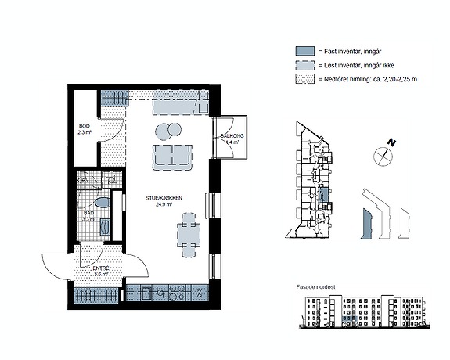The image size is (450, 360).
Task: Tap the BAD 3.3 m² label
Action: pos(89,216)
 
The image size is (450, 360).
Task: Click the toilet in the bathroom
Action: pos(103,203)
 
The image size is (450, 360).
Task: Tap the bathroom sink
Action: pos(104,227)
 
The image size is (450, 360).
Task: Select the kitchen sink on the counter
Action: pos(146,293)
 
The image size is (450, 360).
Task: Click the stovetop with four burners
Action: pos(178,293)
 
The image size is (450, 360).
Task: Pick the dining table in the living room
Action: pos(189,235)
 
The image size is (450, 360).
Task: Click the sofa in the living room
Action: pos(172,157)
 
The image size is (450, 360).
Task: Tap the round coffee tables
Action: pos(168,131)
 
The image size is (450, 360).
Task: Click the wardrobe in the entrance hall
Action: pos(95,297)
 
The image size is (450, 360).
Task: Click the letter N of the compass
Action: pos(391,142)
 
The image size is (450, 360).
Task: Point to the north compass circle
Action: pos(383,156)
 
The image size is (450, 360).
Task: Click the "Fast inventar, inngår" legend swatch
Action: pos(305,51)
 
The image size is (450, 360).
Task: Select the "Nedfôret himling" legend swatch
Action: pos(305,79)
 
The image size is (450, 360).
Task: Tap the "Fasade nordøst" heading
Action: pos(315,286)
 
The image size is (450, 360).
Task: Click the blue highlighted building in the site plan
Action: pos(366,224)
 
